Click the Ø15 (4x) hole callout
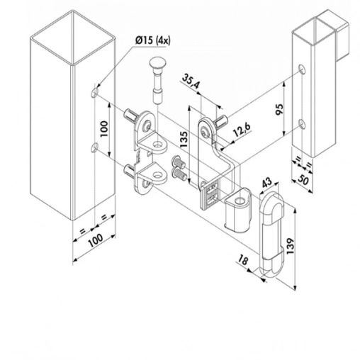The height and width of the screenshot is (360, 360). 153,41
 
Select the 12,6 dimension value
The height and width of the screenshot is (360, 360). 242,130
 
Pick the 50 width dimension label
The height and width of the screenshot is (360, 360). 303,181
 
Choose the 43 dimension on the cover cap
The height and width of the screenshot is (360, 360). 266,183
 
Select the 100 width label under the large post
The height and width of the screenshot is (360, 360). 95,240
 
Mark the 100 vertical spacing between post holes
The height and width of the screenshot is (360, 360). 103,129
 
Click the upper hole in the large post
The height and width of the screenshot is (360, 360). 94,93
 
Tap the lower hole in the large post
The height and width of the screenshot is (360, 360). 94,147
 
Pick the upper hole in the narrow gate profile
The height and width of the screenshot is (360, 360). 301,69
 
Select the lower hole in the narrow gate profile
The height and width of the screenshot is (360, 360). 301,123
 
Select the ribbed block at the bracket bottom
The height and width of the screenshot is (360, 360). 210,193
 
